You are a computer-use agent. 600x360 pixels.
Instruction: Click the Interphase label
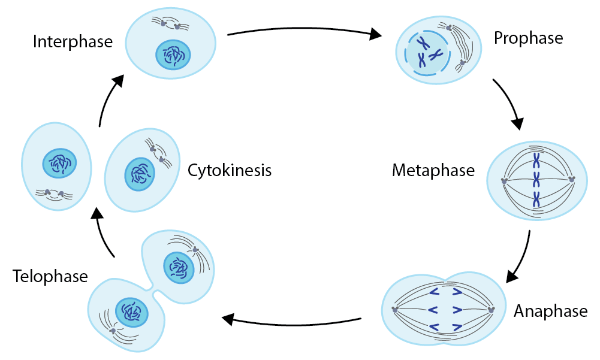73,42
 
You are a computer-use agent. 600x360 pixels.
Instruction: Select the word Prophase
528,38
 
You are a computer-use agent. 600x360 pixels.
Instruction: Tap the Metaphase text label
433,170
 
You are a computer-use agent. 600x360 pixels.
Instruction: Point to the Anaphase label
550,311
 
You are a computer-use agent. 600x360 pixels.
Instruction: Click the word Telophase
50,276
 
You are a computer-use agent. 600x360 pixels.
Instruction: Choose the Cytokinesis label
230,171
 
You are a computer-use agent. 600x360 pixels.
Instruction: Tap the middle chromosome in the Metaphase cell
538,179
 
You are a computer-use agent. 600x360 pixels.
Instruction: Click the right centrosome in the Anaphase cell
492,310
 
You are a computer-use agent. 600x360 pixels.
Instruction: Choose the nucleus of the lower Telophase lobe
131,311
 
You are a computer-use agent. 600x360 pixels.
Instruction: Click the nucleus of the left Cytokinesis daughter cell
59,162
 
